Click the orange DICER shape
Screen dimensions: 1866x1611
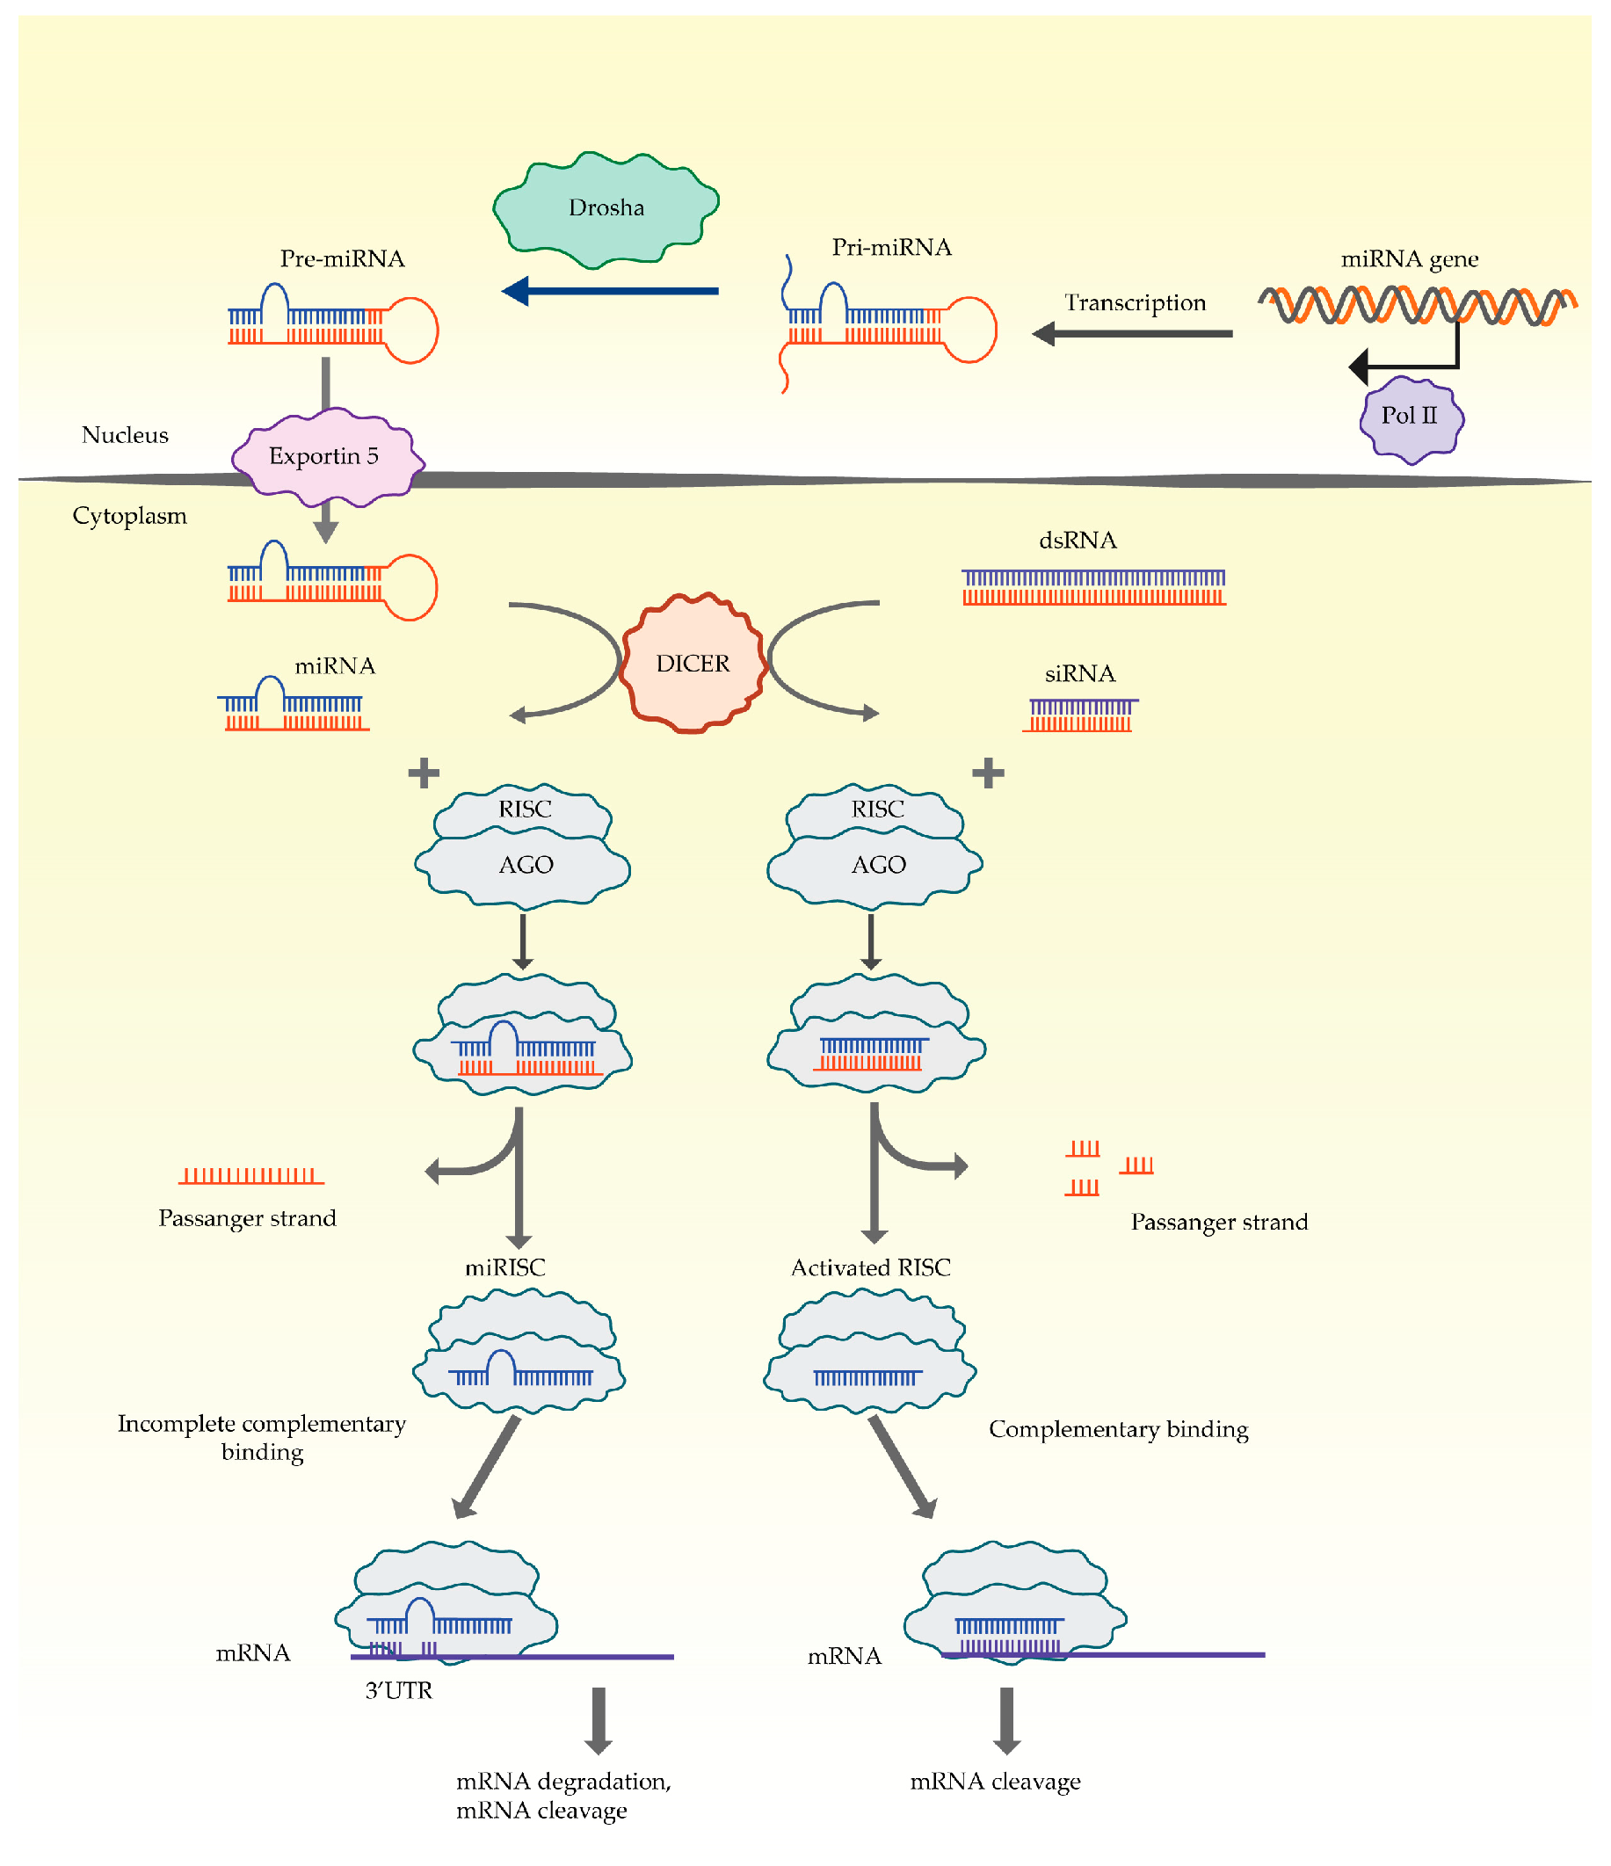(693, 663)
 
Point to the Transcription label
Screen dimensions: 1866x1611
(1134, 302)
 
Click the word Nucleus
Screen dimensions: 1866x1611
(125, 435)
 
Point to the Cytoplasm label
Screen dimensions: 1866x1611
(130, 516)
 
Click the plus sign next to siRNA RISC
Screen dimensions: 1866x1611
(988, 773)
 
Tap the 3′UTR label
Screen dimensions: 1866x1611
(398, 1690)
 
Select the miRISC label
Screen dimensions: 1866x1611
(504, 1268)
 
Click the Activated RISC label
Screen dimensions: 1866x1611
(870, 1268)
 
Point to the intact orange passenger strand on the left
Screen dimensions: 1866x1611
(251, 1176)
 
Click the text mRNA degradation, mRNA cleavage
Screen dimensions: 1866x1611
(562, 1795)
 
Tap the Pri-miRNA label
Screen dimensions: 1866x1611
(890, 248)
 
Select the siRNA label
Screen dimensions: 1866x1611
(1078, 673)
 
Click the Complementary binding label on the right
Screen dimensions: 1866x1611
(1118, 1429)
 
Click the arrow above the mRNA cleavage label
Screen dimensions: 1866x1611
(1005, 1720)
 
